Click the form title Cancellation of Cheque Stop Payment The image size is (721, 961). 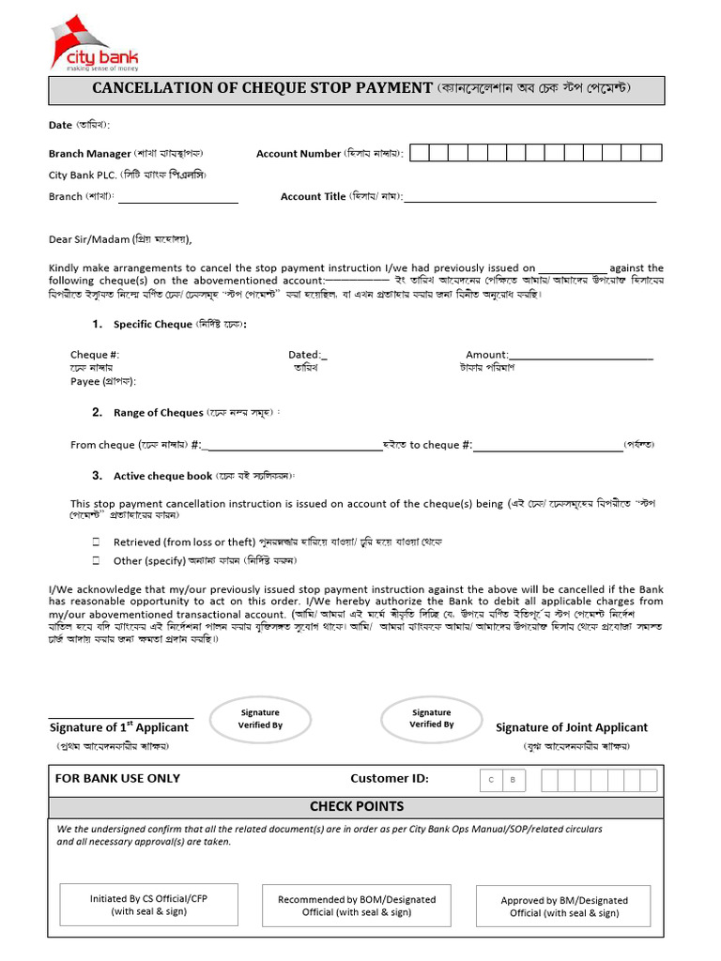pyautogui.click(x=262, y=88)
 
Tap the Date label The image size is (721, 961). pyautogui.click(x=60, y=125)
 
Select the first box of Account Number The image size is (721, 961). pyautogui.click(x=420, y=153)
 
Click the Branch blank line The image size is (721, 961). pyautogui.click(x=177, y=199)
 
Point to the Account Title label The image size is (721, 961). pyautogui.click(x=313, y=197)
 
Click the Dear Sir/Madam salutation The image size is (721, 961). pyautogui.click(x=89, y=239)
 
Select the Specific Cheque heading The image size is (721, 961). pyautogui.click(x=152, y=325)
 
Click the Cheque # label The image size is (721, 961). pyautogui.click(x=95, y=355)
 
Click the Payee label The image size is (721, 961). pyautogui.click(x=88, y=382)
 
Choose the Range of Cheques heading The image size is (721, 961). pyautogui.click(x=158, y=413)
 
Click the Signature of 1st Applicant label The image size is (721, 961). pyautogui.click(x=118, y=727)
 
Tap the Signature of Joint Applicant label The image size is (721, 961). pyautogui.click(x=571, y=727)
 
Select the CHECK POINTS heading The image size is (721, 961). pyautogui.click(x=357, y=806)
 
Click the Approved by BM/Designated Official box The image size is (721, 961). pyautogui.click(x=563, y=907)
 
